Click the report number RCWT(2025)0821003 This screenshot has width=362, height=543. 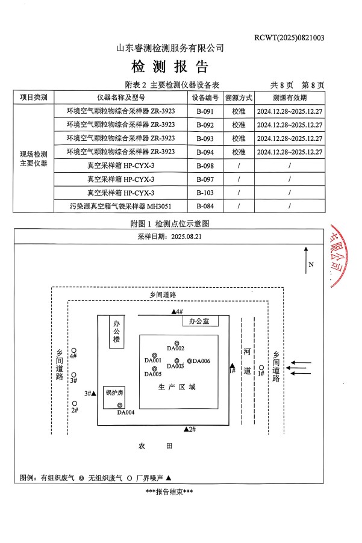289,37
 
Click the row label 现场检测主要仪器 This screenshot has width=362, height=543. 33,159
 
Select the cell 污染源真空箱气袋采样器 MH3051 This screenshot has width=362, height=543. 120,206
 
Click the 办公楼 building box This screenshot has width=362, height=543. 116,332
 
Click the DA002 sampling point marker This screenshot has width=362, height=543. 176,343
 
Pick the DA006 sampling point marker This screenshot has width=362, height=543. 190,361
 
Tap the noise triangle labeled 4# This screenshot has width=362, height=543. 174,311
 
